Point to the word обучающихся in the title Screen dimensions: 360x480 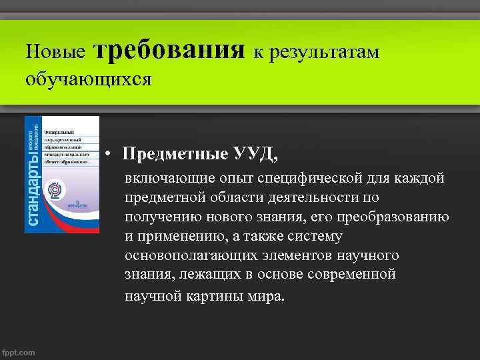(89, 79)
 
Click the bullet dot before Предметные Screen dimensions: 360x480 (107, 155)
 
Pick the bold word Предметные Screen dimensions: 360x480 (173, 154)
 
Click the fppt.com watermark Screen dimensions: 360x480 (19, 352)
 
